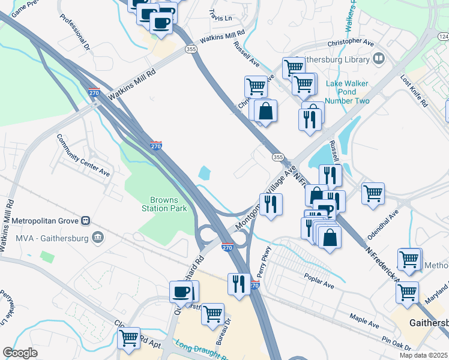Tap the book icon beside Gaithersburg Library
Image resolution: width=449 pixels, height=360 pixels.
point(379,58)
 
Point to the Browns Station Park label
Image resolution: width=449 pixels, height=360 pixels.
point(164,205)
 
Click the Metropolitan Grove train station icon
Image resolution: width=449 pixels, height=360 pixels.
point(86,220)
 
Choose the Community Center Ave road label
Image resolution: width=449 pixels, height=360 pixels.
point(83,155)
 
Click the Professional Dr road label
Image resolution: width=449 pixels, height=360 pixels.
point(74,31)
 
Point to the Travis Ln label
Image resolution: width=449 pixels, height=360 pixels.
point(220,15)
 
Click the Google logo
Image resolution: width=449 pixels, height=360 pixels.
point(20,353)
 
